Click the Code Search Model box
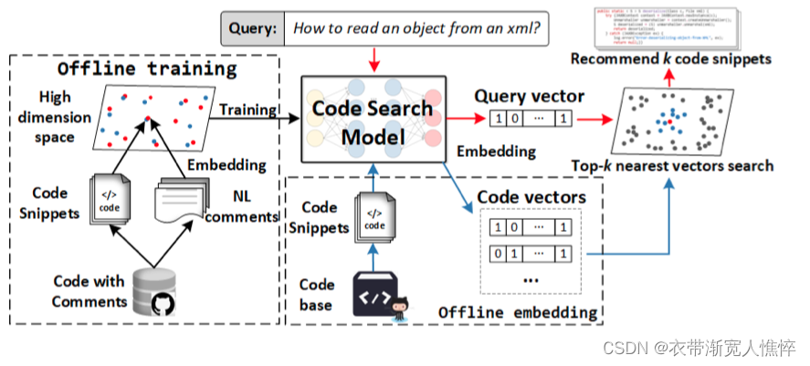pyautogui.click(x=373, y=121)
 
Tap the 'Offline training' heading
pyautogui.click(x=147, y=69)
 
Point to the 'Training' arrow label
pyautogui.click(x=247, y=110)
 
